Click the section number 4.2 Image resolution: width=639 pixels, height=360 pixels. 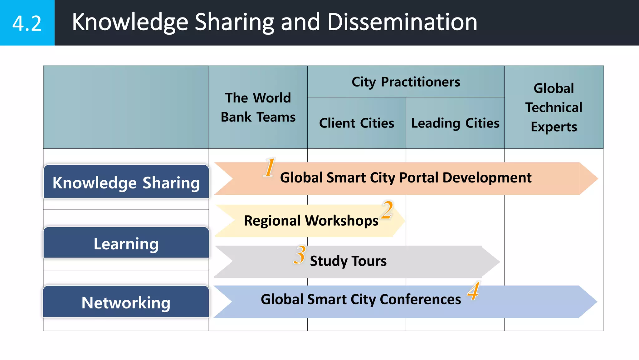point(27,23)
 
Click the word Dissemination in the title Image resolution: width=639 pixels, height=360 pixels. point(402,22)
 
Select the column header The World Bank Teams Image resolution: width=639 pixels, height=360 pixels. point(258,107)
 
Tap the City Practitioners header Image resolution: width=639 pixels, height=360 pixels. point(406,82)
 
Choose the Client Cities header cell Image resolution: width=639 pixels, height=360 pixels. point(356,123)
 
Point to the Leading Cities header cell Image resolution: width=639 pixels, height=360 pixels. point(455,123)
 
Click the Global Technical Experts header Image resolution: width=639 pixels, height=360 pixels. point(554,107)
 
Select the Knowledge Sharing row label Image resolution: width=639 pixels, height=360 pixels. point(126,182)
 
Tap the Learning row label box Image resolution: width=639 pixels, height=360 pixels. point(126,243)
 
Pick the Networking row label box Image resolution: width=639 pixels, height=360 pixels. point(126,302)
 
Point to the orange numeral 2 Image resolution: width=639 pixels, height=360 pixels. point(387,210)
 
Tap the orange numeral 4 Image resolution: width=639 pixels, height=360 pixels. point(473,291)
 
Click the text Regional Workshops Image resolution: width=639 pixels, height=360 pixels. point(311,221)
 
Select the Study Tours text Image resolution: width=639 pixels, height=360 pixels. point(348,261)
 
